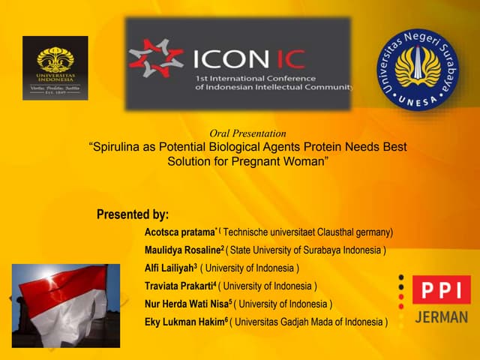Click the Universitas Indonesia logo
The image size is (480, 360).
pyautogui.click(x=54, y=67)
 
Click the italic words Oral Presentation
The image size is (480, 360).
pyautogui.click(x=247, y=133)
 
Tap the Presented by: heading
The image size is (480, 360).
pyautogui.click(x=133, y=214)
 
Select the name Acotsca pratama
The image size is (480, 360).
pyautogui.click(x=180, y=232)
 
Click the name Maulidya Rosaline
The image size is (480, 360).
pyautogui.click(x=183, y=250)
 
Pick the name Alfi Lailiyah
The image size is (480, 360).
pyautogui.click(x=169, y=268)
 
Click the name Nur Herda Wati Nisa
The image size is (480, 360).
pyautogui.click(x=187, y=304)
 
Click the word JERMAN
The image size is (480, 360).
pyautogui.click(x=441, y=316)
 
